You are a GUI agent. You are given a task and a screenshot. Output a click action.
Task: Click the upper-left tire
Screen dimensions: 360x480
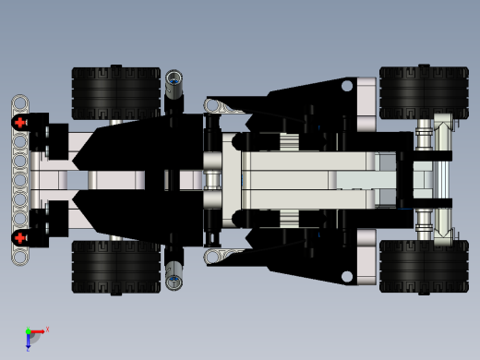coord(116,92)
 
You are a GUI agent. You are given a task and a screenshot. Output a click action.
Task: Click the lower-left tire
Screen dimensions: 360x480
coord(116,267)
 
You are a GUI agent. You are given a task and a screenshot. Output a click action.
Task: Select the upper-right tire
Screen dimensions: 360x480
coord(424,91)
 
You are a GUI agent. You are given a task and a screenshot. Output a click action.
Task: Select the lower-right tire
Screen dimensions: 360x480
coord(424,267)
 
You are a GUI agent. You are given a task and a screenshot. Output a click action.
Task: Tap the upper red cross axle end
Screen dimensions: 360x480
coord(19,122)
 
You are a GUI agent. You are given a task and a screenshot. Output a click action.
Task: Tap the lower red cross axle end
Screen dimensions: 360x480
coord(19,237)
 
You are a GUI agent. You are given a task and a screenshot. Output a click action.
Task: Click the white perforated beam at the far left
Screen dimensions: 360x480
coord(19,180)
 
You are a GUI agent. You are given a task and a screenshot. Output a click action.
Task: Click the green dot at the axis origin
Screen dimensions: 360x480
coord(28,331)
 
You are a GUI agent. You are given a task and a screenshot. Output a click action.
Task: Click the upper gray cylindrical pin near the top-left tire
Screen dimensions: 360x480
coord(174,85)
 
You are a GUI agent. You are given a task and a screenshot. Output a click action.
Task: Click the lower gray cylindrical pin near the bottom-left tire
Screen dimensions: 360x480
coord(174,273)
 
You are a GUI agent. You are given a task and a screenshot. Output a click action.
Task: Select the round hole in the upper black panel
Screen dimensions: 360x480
coord(347,86)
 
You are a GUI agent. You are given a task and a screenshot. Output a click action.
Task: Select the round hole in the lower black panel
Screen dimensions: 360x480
coord(347,276)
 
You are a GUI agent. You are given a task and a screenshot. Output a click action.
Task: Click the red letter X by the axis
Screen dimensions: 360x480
coord(47,329)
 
